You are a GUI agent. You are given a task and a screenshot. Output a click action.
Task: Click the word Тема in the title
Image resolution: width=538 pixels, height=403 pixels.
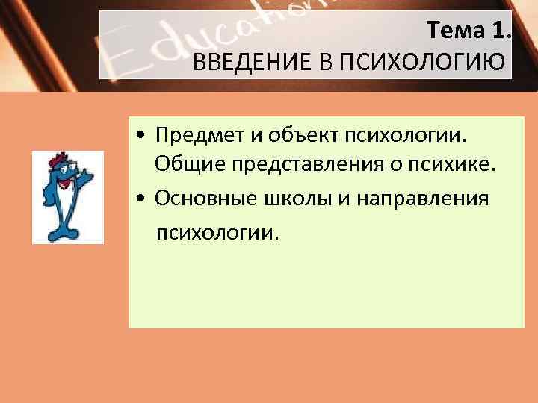click(x=458, y=30)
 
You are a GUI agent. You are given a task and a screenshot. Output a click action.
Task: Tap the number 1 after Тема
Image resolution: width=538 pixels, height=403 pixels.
click(x=501, y=30)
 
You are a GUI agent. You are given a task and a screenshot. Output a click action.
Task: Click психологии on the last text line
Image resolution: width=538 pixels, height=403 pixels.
click(x=217, y=234)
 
